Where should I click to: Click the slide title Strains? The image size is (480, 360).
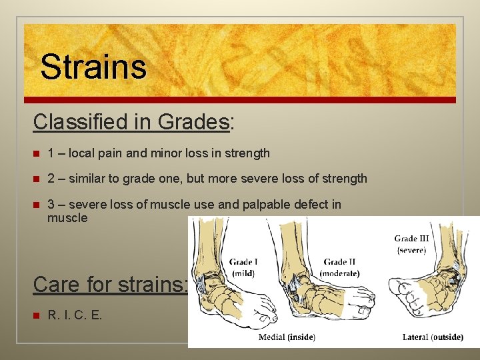(93, 66)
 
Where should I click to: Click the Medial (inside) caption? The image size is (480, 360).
(287, 337)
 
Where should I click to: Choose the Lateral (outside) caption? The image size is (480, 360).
(433, 337)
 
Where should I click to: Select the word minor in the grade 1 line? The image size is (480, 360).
(171, 153)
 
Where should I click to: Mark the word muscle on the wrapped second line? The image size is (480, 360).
(67, 217)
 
